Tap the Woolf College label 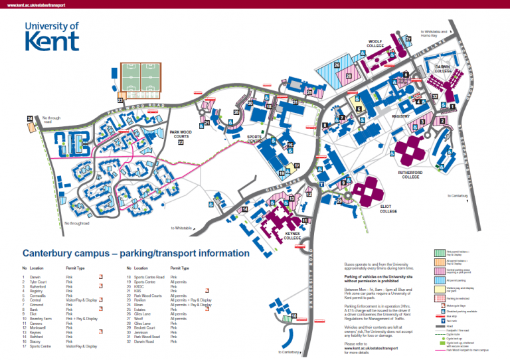coord(379,45)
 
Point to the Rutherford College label coord(410,174)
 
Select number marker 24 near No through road coord(29,119)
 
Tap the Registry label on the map coord(401,116)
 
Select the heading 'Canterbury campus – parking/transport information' coord(136,253)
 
